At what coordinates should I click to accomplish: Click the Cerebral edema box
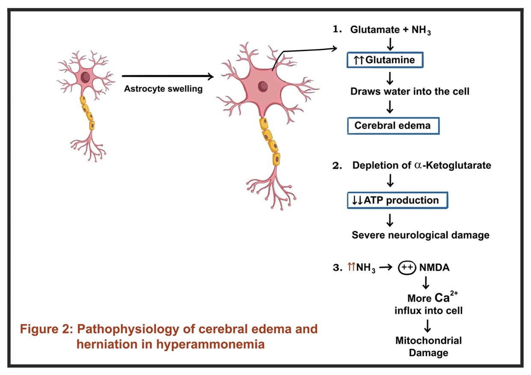(x=393, y=126)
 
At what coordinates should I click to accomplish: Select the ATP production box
(x=397, y=200)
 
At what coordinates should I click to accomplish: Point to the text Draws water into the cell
(x=410, y=91)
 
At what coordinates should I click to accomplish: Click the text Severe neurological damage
(x=420, y=235)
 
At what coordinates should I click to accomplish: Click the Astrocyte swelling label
(x=163, y=89)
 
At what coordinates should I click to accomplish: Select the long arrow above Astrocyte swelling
(x=168, y=77)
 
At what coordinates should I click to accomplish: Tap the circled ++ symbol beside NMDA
(x=407, y=268)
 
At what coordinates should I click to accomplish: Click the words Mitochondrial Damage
(x=428, y=347)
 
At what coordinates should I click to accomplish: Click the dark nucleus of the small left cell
(x=86, y=77)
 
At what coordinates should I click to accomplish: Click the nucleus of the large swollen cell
(x=263, y=86)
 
